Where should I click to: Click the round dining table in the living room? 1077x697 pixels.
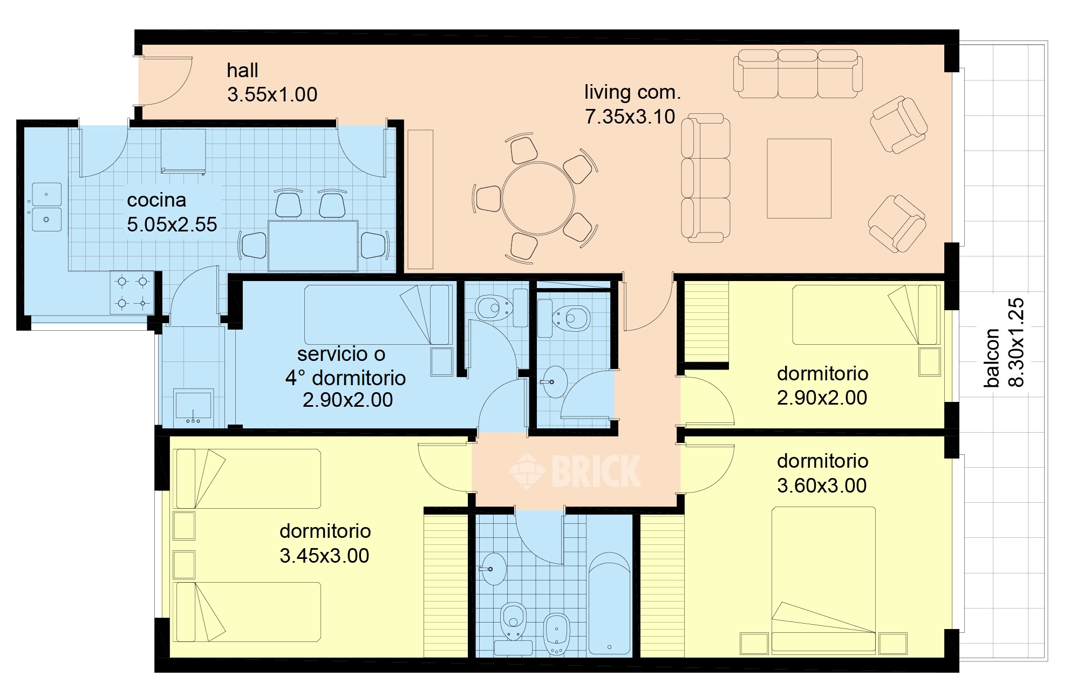[538, 198]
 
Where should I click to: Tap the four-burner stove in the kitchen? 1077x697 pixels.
[132, 292]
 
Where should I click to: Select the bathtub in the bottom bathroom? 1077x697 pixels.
[609, 603]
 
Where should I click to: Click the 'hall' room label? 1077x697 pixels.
[242, 71]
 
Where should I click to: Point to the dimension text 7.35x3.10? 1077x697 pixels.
[630, 117]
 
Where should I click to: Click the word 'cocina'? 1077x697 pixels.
[156, 200]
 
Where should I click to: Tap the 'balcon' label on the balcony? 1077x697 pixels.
[992, 358]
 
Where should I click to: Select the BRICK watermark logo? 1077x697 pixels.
[575, 471]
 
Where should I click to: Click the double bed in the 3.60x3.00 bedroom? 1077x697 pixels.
[823, 580]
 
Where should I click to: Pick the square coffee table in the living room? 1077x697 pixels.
[799, 179]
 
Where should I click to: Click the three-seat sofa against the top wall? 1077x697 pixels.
[797, 74]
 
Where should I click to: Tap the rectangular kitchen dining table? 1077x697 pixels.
[313, 246]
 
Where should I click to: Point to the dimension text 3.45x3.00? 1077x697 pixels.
[324, 556]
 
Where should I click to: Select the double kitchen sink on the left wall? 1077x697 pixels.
[46, 207]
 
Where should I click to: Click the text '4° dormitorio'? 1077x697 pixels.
[345, 378]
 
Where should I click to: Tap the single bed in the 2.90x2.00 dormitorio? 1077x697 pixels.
[866, 315]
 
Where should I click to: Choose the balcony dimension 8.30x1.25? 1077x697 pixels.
[1016, 343]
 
